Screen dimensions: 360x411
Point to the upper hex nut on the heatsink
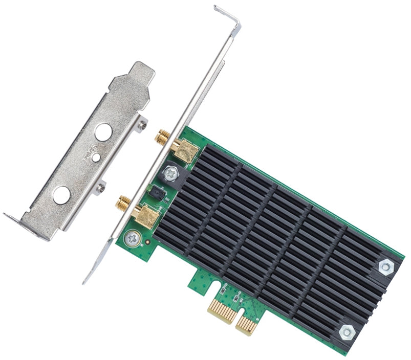[385, 265]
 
